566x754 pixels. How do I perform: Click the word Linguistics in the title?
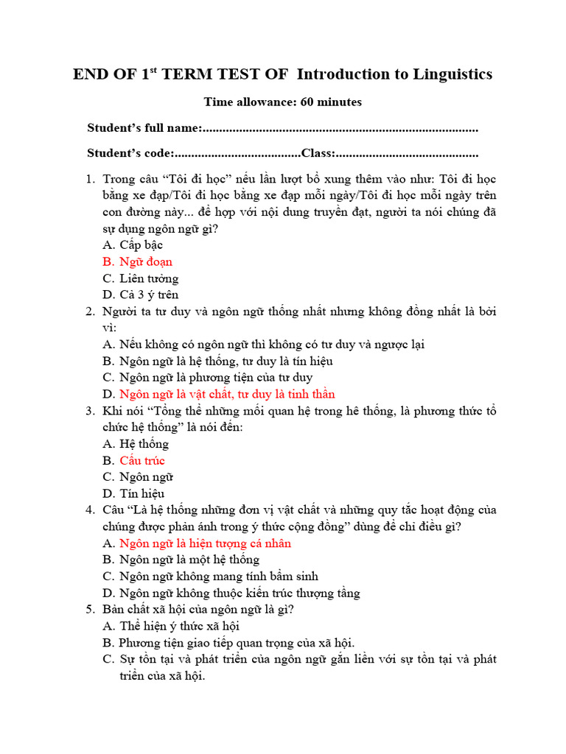click(x=447, y=74)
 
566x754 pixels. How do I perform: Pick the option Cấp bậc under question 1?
click(x=141, y=244)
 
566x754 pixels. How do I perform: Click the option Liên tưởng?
click(x=149, y=278)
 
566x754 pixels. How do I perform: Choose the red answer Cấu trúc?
click(x=142, y=461)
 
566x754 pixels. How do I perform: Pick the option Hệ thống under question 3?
click(x=144, y=444)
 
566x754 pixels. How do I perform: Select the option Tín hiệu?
click(x=142, y=493)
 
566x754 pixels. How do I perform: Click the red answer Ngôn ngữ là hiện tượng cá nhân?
click(x=206, y=543)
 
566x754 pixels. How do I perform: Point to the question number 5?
click(x=90, y=610)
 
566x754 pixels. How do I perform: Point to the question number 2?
click(x=90, y=311)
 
